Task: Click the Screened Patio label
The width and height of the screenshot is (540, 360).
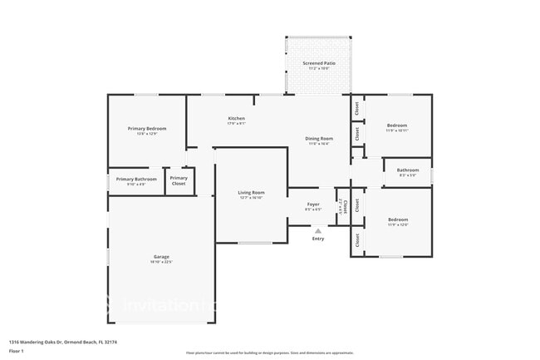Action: (318, 63)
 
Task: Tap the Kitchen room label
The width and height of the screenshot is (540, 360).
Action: (237, 118)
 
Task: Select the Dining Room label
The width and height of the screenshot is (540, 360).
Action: (319, 138)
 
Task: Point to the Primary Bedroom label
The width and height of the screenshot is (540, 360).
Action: (147, 128)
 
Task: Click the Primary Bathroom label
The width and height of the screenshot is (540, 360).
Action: (136, 179)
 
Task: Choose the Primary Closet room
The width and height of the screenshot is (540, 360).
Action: (179, 180)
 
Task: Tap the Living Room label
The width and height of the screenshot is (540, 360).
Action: (251, 192)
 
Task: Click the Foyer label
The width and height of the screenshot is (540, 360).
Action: (313, 204)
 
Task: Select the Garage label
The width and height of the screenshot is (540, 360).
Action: (161, 256)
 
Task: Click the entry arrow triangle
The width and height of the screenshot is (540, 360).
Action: (318, 231)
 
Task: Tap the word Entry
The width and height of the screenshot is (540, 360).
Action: (318, 239)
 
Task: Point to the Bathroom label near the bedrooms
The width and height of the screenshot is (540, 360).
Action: (408, 170)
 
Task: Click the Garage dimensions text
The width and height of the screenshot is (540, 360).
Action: (161, 262)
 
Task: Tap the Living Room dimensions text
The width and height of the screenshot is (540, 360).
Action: (251, 198)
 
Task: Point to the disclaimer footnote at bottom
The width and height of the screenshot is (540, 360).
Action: (269, 353)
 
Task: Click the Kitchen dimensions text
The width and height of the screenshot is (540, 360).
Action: (237, 124)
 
